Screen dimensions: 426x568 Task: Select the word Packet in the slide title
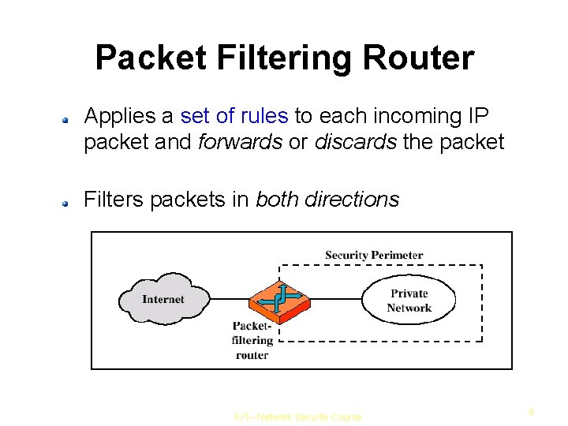(x=149, y=58)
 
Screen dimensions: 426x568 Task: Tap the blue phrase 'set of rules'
(x=234, y=117)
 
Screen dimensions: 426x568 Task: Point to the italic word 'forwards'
(x=240, y=142)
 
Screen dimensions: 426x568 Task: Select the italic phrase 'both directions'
(x=327, y=200)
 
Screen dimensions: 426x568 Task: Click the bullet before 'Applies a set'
(x=69, y=120)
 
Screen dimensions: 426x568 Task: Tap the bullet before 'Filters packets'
(x=69, y=203)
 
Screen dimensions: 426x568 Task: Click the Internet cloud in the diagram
(x=163, y=299)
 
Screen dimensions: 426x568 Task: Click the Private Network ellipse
(x=409, y=301)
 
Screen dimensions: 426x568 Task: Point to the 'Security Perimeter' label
(x=374, y=255)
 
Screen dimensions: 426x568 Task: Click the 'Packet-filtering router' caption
(x=252, y=340)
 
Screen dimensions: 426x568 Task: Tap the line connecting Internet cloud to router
(x=229, y=300)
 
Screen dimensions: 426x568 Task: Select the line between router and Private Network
(x=335, y=300)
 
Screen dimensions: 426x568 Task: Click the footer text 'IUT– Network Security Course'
(x=298, y=417)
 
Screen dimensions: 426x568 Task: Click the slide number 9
(x=532, y=411)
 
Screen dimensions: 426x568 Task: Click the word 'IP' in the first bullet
(x=478, y=117)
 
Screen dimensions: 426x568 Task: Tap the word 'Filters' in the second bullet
(x=113, y=200)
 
